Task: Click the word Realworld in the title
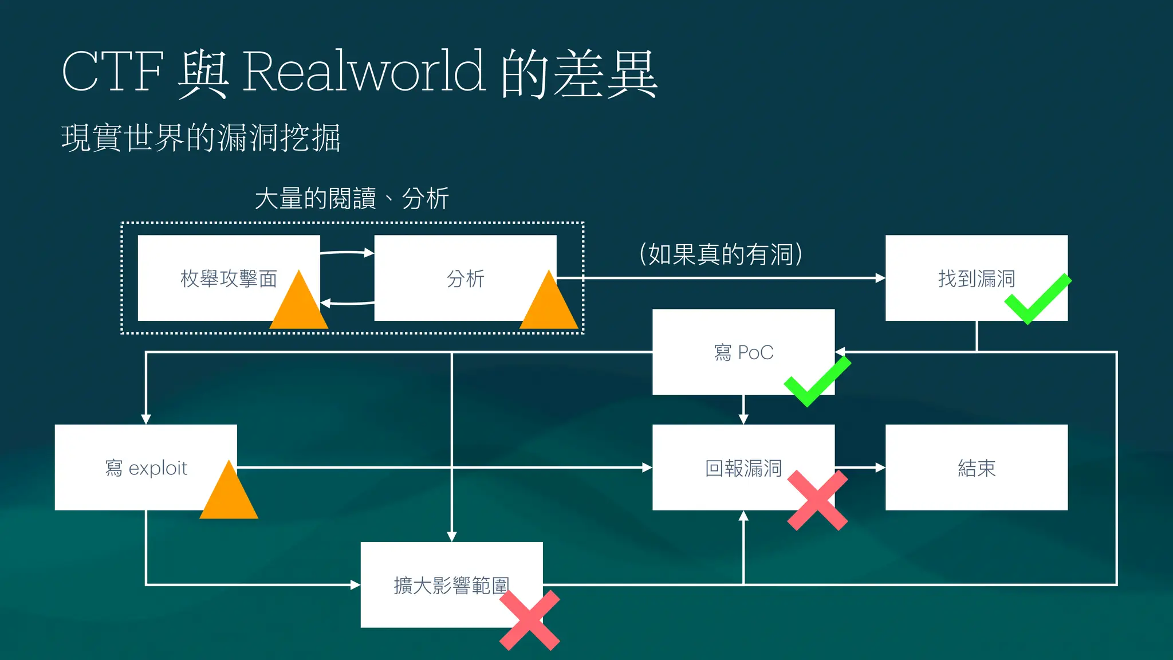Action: (364, 72)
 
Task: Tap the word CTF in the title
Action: (113, 72)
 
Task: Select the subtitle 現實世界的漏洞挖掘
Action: (200, 138)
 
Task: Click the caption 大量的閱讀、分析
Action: (351, 199)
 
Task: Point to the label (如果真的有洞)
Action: (721, 254)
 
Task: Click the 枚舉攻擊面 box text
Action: (229, 279)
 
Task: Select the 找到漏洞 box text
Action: (976, 279)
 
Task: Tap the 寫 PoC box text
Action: (743, 352)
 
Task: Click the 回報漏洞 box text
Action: (743, 468)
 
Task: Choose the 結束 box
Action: (977, 468)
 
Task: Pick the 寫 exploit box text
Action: (146, 468)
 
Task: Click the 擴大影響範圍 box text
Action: (451, 586)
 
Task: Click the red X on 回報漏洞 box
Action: (817, 500)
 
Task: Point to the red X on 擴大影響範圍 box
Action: (529, 620)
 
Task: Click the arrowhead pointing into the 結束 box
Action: (880, 467)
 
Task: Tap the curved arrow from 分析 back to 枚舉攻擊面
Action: (347, 303)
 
